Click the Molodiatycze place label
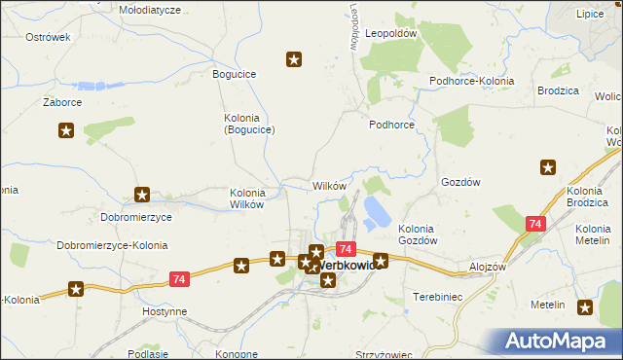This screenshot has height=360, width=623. pyautogui.click(x=150, y=9)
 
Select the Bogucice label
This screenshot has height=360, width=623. pyautogui.click(x=235, y=73)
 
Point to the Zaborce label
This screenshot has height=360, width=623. pyautogui.click(x=61, y=101)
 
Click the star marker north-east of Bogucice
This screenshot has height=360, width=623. pyautogui.click(x=294, y=60)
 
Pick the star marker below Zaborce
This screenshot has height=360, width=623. pyautogui.click(x=66, y=130)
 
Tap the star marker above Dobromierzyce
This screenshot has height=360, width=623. pyautogui.click(x=142, y=195)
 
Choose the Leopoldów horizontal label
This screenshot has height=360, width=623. pyautogui.click(x=390, y=32)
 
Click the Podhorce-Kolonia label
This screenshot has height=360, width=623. pyautogui.click(x=472, y=81)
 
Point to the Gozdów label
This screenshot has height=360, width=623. pyautogui.click(x=461, y=182)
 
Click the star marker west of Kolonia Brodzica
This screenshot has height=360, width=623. pyautogui.click(x=547, y=167)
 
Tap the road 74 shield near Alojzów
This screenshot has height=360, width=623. pyautogui.click(x=534, y=224)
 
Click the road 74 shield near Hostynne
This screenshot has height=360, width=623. pyautogui.click(x=177, y=279)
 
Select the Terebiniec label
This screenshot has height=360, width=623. pyautogui.click(x=436, y=294)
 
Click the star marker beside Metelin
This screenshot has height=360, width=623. pyautogui.click(x=584, y=307)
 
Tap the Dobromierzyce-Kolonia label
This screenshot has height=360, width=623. pyautogui.click(x=112, y=245)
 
